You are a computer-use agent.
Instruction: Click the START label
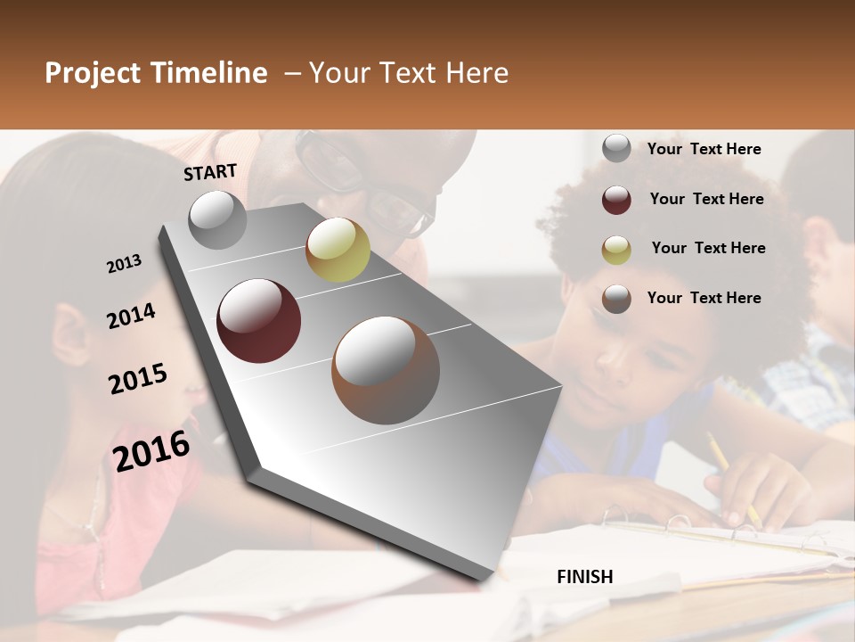click(x=210, y=172)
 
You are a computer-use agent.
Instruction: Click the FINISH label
click(x=584, y=577)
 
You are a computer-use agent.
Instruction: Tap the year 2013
click(x=124, y=264)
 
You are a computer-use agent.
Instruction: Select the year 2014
click(x=131, y=317)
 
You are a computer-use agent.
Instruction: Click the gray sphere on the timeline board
click(x=218, y=220)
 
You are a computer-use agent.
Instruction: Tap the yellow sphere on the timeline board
click(x=338, y=250)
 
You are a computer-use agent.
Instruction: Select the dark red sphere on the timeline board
click(x=259, y=321)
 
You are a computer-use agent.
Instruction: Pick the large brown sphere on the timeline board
click(x=386, y=370)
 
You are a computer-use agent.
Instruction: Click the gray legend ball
click(x=616, y=149)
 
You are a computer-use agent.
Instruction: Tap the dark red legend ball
click(x=616, y=200)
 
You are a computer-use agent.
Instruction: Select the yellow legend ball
click(x=616, y=250)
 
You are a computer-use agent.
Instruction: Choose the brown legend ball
click(x=616, y=299)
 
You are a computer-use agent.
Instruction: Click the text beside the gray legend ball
click(x=704, y=149)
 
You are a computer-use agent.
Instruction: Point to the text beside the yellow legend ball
click(x=708, y=248)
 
